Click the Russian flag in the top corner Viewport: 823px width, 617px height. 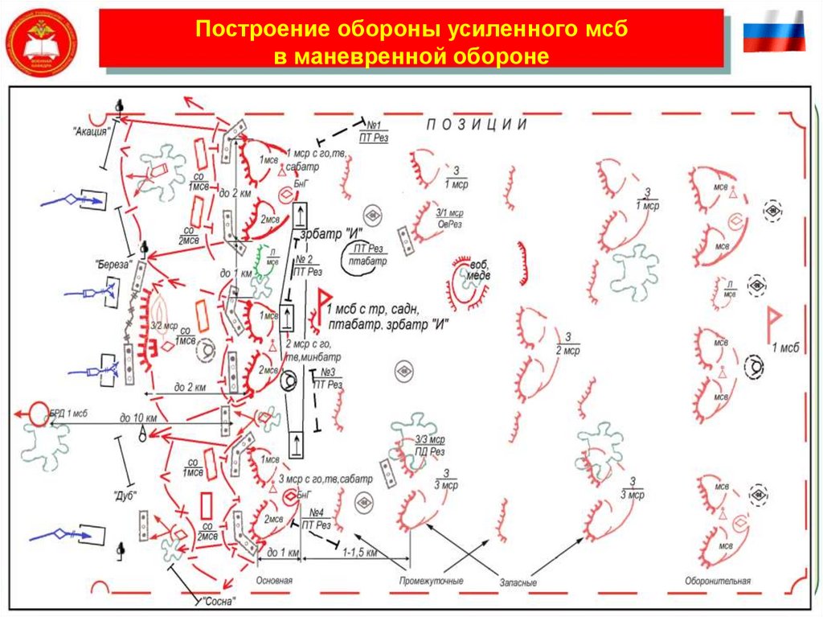tap(773, 31)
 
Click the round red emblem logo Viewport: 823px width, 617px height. tap(41, 41)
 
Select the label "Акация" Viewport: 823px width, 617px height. tap(90, 133)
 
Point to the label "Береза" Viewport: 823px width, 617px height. tap(112, 262)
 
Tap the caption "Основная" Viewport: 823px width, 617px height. tap(274, 580)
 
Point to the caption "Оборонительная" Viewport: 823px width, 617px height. tap(718, 581)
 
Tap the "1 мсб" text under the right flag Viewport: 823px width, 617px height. tap(785, 348)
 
